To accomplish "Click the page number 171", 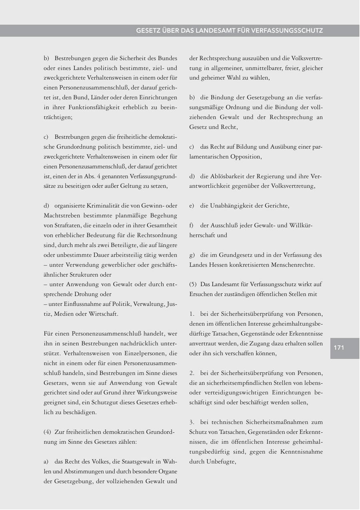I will (339, 348).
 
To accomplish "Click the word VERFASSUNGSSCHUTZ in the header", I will (287, 31).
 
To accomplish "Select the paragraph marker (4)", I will (47, 432).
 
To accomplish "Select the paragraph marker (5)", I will (193, 284).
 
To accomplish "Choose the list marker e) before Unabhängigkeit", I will (192, 206).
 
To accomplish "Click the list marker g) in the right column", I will (192, 255).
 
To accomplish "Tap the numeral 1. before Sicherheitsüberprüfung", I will (192, 314).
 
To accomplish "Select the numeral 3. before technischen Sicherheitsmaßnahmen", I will (192, 422).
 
